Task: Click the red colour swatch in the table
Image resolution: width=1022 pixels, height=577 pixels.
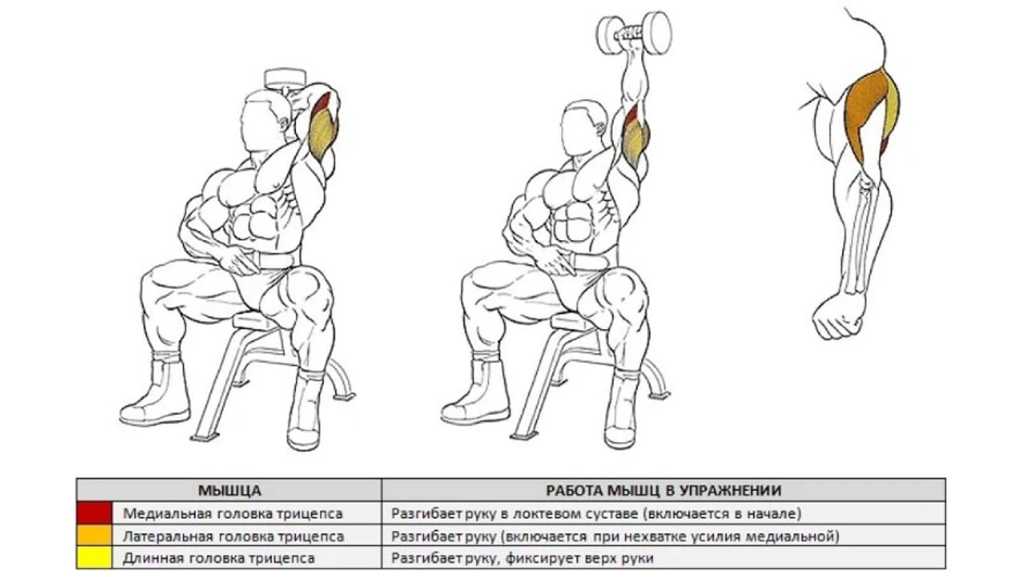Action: [94, 513]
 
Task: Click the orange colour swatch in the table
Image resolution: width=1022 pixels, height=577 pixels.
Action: [94, 535]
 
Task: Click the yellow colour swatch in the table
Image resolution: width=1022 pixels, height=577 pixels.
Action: [94, 557]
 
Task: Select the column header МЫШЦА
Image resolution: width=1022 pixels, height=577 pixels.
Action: [230, 490]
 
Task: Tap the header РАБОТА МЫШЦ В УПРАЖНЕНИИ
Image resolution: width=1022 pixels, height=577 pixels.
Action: [664, 490]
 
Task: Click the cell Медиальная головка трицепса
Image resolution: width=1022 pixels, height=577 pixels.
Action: [232, 513]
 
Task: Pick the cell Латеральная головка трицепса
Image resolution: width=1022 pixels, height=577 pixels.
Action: [233, 536]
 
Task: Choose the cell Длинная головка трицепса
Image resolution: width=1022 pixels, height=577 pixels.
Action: [218, 558]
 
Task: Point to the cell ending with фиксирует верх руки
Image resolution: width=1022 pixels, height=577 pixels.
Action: [522, 558]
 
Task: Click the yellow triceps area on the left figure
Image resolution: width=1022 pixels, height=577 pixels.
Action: [323, 136]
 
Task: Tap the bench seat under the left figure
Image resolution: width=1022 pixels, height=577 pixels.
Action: [256, 320]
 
